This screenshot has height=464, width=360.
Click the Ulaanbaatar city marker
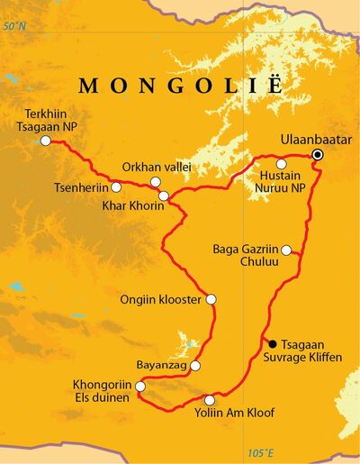pos(317,156)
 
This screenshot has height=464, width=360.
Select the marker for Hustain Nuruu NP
pos(281,164)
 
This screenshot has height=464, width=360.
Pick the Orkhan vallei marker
pos(155,182)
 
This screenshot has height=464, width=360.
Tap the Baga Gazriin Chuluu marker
pos(286,250)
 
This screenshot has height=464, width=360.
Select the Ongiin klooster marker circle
pos(211,299)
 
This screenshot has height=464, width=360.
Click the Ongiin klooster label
pos(162,299)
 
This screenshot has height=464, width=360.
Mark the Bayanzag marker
pos(195,366)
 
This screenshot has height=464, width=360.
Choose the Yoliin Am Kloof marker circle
pos(210,400)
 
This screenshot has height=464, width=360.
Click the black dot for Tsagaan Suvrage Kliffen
pos(273,343)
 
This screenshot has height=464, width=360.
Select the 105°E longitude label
pos(259,452)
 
